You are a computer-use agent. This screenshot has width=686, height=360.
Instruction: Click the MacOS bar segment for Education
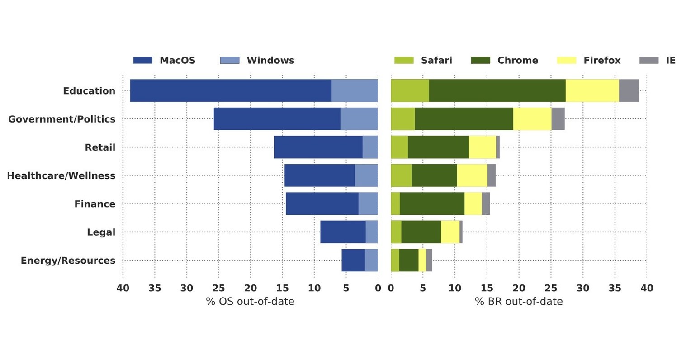pyautogui.click(x=231, y=90)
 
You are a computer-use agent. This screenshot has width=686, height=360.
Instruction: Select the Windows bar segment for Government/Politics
pyautogui.click(x=359, y=119)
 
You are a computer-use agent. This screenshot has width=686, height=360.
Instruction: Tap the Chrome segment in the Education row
pyautogui.click(x=497, y=90)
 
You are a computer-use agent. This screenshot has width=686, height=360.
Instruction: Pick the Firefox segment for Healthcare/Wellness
pyautogui.click(x=472, y=175)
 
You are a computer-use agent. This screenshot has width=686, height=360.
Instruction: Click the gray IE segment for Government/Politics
pyautogui.click(x=558, y=119)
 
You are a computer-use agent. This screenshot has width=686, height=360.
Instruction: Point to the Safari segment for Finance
pyautogui.click(x=395, y=204)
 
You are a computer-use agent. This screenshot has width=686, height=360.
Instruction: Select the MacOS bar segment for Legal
pyautogui.click(x=343, y=232)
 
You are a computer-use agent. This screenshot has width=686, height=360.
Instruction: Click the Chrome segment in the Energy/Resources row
pyautogui.click(x=408, y=260)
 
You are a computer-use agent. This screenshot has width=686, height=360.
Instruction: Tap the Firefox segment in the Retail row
pyautogui.click(x=482, y=147)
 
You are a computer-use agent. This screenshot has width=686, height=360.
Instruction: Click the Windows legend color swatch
pyautogui.click(x=230, y=60)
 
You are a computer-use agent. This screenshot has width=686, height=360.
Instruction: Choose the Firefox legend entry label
pyautogui.click(x=601, y=60)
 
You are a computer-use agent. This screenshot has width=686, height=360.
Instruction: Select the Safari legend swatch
pyautogui.click(x=404, y=60)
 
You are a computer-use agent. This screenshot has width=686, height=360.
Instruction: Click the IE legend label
pyautogui.click(x=670, y=60)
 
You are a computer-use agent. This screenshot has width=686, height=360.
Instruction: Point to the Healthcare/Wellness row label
pyautogui.click(x=61, y=175)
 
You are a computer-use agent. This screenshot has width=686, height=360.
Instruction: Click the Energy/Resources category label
pyautogui.click(x=68, y=261)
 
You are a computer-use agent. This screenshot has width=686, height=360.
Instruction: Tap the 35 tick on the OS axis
pyautogui.click(x=155, y=288)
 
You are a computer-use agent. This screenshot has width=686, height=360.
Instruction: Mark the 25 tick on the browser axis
pyautogui.click(x=551, y=288)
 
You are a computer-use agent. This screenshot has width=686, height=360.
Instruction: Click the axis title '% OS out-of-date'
pyautogui.click(x=250, y=301)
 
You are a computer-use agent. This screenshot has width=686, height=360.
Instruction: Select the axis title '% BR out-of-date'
pyautogui.click(x=519, y=301)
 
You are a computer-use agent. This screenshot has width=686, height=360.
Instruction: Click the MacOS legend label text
pyautogui.click(x=177, y=60)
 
